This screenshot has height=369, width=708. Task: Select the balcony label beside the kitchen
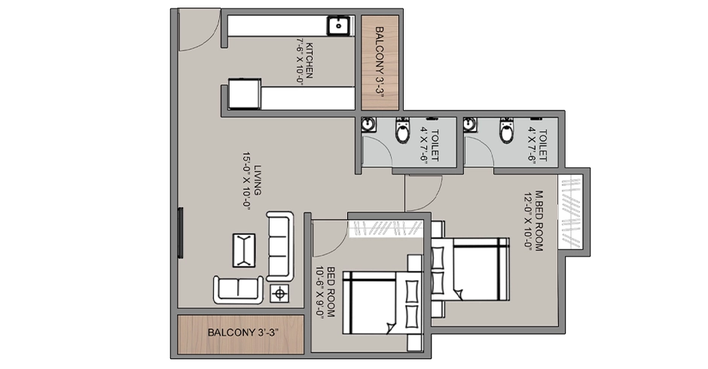tap(380, 61)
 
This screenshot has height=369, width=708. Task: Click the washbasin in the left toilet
tap(368, 125)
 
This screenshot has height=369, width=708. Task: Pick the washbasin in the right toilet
tap(471, 124)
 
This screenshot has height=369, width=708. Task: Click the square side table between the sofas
tap(279, 293)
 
